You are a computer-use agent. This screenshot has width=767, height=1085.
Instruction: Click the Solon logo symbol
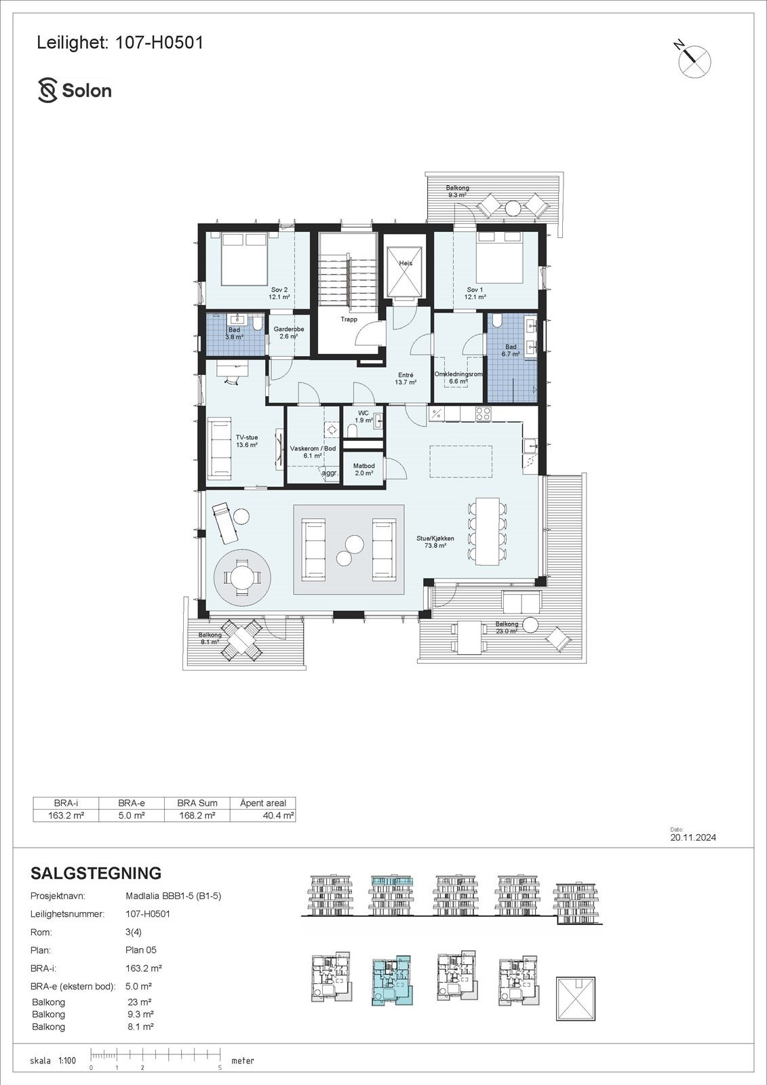47,90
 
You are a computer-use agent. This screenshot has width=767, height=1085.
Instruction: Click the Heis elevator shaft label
406,263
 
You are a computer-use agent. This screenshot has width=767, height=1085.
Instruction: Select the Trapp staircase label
349,319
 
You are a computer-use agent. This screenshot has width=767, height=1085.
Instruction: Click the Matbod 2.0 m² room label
364,470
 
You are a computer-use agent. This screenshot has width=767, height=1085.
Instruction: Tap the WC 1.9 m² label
363,416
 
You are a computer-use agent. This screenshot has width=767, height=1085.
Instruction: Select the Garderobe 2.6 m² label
289,332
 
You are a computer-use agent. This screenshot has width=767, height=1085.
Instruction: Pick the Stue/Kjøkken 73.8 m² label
435,541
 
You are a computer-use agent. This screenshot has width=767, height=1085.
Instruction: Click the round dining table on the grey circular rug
243,578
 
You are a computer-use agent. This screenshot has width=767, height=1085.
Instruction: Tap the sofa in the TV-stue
220,448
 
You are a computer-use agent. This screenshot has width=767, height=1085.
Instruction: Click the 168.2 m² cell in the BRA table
197,816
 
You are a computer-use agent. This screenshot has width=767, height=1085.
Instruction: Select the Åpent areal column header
263,803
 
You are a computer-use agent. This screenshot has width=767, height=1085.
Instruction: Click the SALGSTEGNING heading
96,873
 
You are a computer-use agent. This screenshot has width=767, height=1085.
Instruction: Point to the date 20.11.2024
693,837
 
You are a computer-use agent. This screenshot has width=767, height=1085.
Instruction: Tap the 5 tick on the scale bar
220,1067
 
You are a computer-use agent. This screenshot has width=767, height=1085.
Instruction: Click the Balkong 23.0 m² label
507,627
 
